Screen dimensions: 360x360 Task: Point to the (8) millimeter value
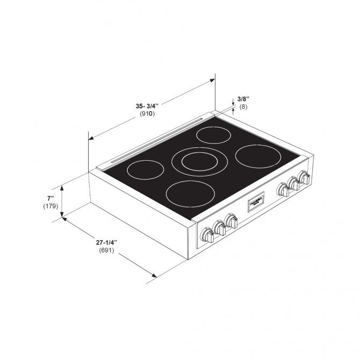point(243,107)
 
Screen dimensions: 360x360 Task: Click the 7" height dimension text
point(50,198)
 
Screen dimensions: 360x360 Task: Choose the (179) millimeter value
point(50,206)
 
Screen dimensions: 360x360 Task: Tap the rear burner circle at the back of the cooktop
point(214,135)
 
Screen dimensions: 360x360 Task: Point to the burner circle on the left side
point(145,170)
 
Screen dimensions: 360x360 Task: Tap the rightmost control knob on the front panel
point(304,177)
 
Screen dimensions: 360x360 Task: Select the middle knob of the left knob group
point(219,228)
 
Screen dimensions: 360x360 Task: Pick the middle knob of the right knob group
point(293,184)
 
